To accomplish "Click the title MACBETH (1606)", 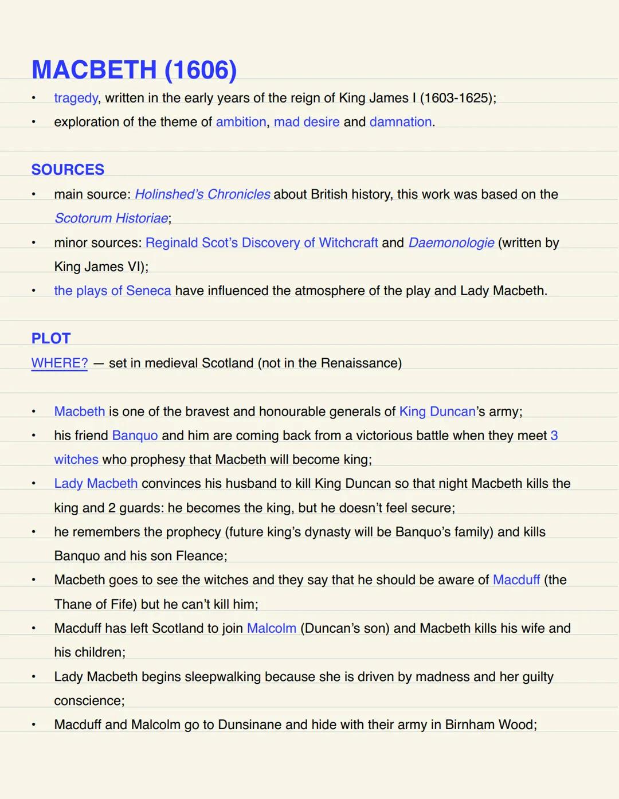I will (x=134, y=70).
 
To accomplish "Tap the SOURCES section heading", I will (x=68, y=170).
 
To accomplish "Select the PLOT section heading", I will (x=51, y=338).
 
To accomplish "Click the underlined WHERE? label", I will (x=60, y=363).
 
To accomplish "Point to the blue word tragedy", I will (x=76, y=98).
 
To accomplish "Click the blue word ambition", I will (x=241, y=122).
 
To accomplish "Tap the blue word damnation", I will (x=401, y=122).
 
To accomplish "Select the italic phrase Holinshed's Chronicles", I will (x=202, y=194).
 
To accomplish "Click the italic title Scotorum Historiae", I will (x=111, y=218).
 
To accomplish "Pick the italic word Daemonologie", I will (x=451, y=242).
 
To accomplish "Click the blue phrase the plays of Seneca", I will (x=112, y=291).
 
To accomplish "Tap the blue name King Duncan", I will (x=437, y=412).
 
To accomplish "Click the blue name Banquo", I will (x=135, y=436).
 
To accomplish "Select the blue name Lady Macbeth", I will (x=96, y=483).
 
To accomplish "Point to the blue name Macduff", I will (x=516, y=579).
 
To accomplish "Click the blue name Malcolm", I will (x=272, y=628).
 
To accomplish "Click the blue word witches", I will (x=76, y=459).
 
